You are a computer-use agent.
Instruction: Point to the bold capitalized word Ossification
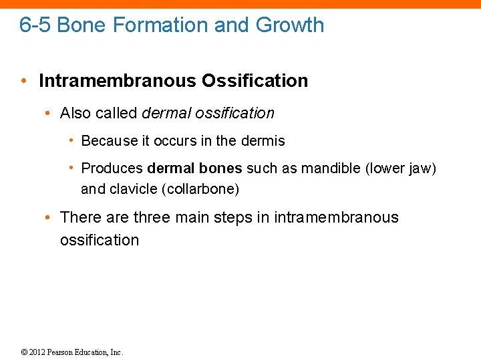(255, 81)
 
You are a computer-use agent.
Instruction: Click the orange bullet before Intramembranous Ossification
(23, 82)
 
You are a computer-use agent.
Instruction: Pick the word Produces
(112, 168)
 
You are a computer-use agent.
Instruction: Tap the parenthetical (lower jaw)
(401, 168)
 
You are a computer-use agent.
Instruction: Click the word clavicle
(134, 189)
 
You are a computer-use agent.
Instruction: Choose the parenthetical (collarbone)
(200, 189)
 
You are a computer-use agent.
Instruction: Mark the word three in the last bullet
(152, 217)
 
